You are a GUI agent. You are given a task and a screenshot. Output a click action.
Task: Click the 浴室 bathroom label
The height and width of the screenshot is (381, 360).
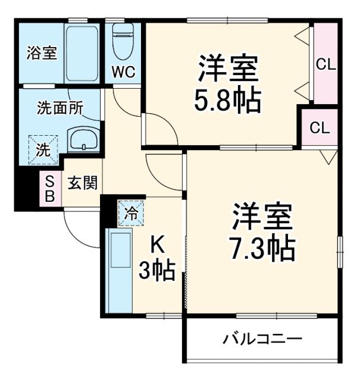tap(41, 52)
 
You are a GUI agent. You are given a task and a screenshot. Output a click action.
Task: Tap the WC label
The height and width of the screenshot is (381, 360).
tap(124, 72)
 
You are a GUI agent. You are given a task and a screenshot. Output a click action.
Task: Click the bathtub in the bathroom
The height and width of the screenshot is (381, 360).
tap(82, 54)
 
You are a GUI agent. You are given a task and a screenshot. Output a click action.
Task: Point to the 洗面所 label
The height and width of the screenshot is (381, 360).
tap(60, 109)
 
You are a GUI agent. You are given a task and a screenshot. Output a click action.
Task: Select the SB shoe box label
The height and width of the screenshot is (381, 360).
tap(50, 189)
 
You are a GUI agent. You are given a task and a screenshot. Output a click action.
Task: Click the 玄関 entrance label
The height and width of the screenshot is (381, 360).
tap(82, 183)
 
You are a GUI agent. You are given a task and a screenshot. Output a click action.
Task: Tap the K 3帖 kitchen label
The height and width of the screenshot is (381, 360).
tap(157, 258)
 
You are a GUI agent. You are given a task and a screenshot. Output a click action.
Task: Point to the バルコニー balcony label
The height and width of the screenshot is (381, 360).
tap(262, 339)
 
